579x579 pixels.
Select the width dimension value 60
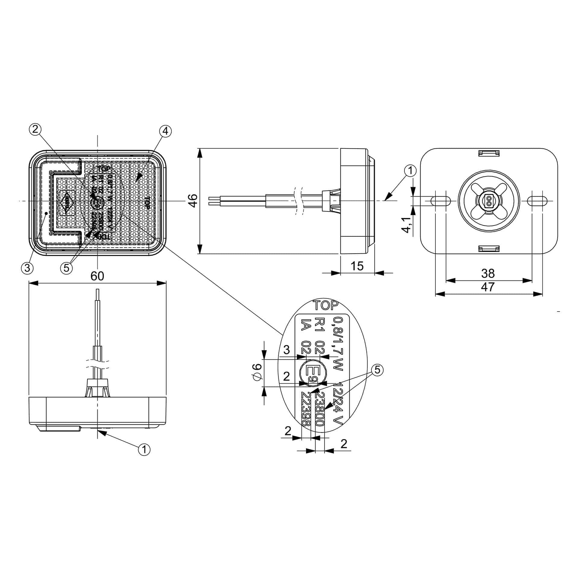[97, 276]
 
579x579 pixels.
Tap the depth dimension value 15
[357, 266]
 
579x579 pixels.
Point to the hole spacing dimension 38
[488, 274]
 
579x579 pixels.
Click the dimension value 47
[488, 287]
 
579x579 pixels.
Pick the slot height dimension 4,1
[407, 225]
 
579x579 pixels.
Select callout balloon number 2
[35, 129]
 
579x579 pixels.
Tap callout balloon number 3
[27, 267]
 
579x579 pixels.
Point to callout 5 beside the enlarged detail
[377, 370]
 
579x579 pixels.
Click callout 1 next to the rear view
[410, 171]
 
